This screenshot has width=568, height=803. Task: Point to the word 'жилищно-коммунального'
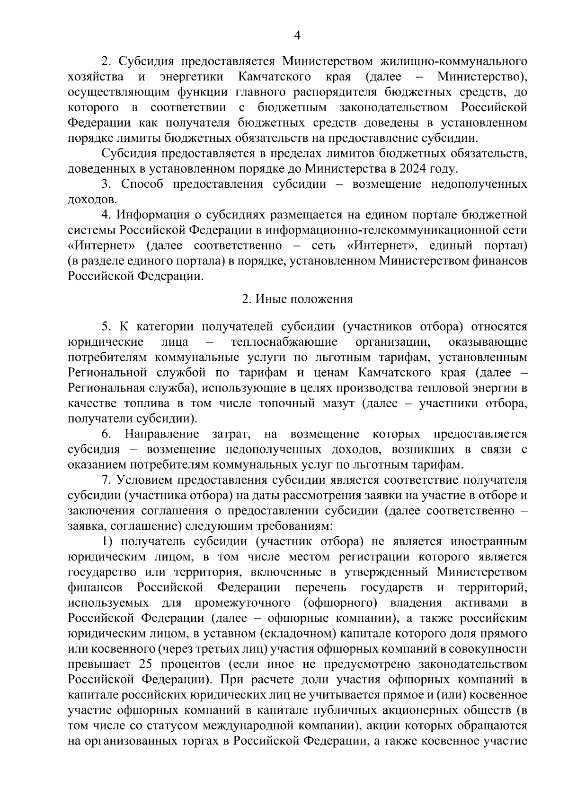pyautogui.click(x=454, y=61)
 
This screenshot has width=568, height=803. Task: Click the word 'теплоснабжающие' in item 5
pyautogui.click(x=284, y=342)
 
